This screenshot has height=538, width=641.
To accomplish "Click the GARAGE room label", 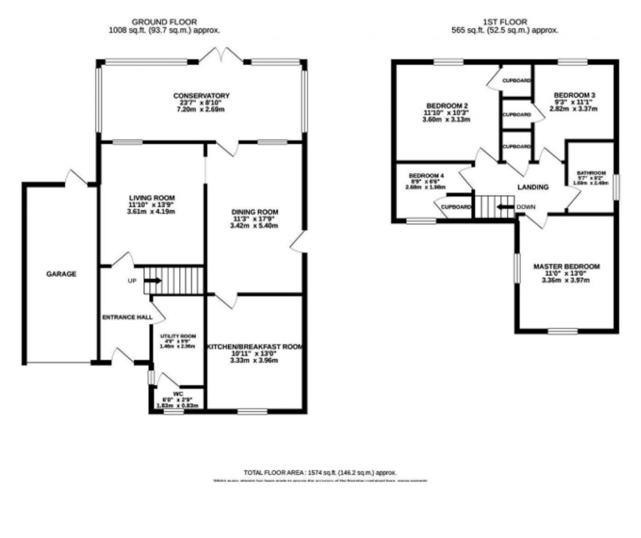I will (61, 274).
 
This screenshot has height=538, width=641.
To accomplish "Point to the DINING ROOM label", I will (254, 212).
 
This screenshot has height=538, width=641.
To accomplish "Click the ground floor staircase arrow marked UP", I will (152, 281).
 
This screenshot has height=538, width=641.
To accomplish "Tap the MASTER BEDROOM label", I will (566, 266).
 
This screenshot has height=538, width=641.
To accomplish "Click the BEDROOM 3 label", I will (574, 95).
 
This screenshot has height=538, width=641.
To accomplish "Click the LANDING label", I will (533, 187).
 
